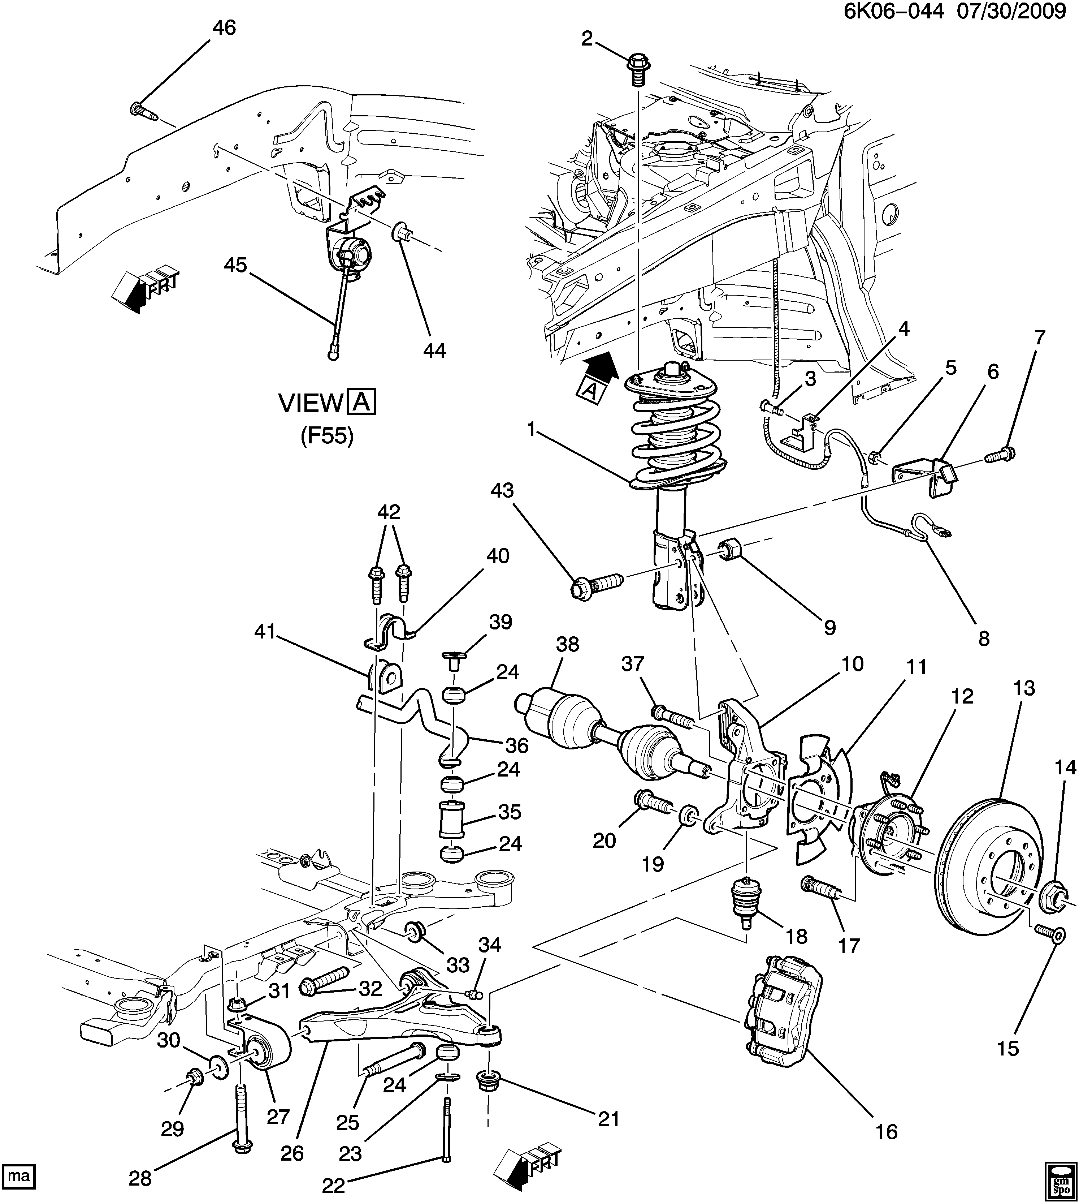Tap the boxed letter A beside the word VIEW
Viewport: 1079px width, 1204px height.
click(361, 403)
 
